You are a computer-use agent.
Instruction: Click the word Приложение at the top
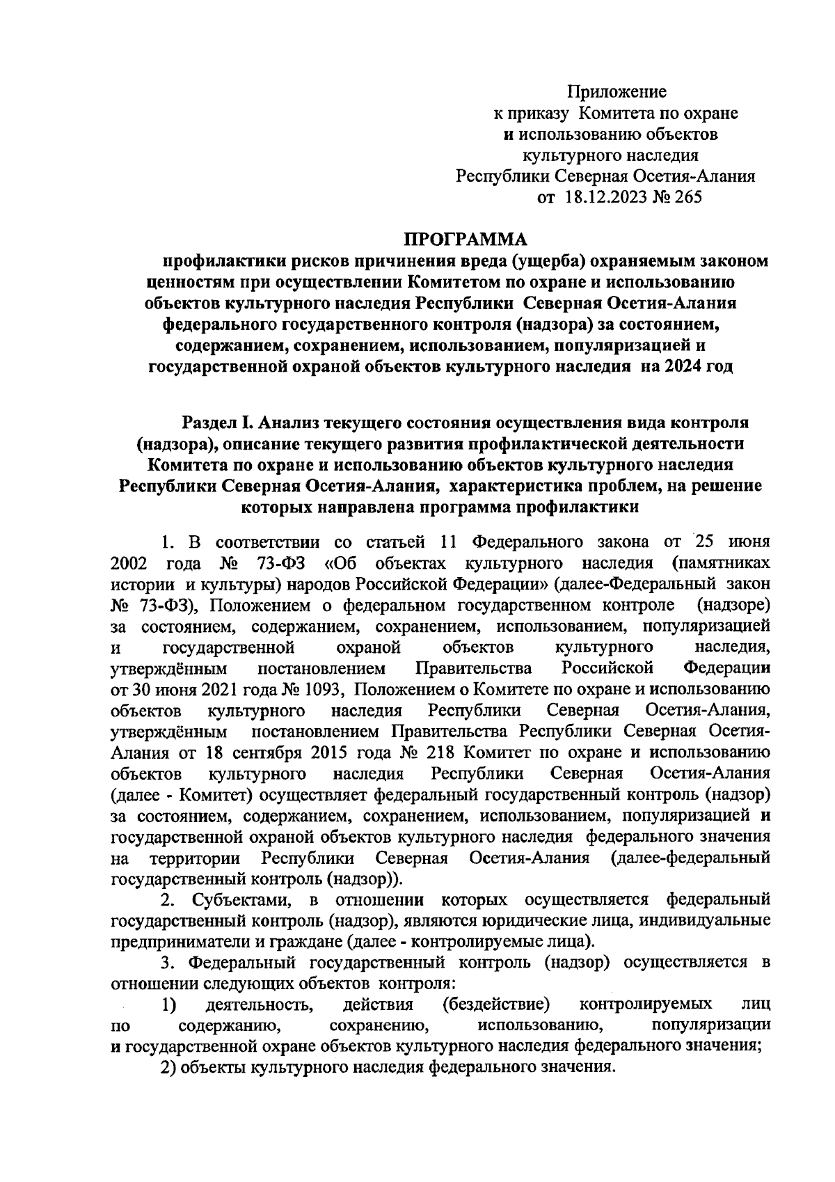click(617, 91)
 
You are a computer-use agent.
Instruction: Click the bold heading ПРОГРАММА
click(467, 240)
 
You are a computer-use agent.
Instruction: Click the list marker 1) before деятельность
click(168, 1004)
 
